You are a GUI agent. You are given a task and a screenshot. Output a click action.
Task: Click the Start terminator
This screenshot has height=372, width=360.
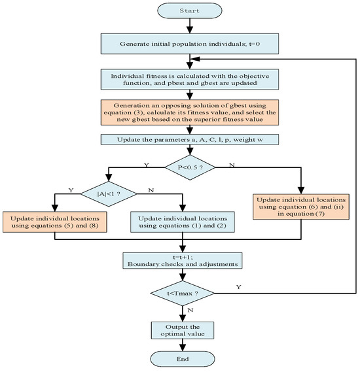coord(188,10)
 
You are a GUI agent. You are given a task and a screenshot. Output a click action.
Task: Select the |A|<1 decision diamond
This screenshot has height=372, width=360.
coord(108,193)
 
